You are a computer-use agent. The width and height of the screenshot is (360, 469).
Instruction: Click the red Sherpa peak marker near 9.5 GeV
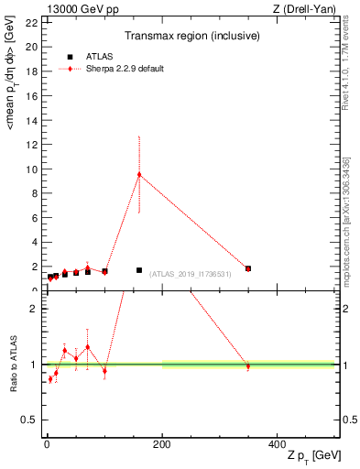tap(139, 175)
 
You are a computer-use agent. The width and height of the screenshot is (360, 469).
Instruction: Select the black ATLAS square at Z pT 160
tap(139, 270)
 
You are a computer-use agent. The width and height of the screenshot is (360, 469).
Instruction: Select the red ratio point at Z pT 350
tap(247, 366)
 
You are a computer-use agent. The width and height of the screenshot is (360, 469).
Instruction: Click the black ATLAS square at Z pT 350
tap(248, 268)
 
